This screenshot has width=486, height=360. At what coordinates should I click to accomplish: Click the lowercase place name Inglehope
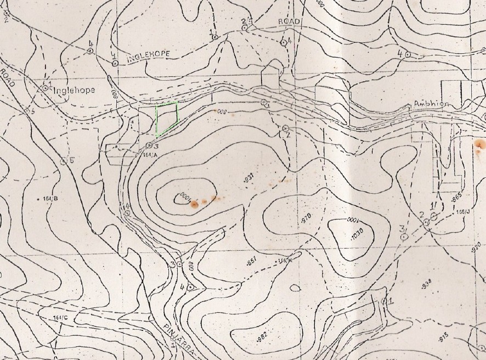point(74,90)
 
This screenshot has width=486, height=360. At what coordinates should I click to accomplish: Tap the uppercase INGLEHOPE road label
point(149,54)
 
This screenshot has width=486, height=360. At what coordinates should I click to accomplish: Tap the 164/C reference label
point(60,318)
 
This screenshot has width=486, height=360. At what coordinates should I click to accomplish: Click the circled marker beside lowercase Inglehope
point(46,87)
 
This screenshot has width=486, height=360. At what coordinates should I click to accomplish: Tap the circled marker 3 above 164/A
point(149,145)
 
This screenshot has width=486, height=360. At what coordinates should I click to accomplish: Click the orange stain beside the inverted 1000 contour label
point(194,205)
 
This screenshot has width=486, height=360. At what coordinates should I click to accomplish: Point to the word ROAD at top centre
point(289,21)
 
